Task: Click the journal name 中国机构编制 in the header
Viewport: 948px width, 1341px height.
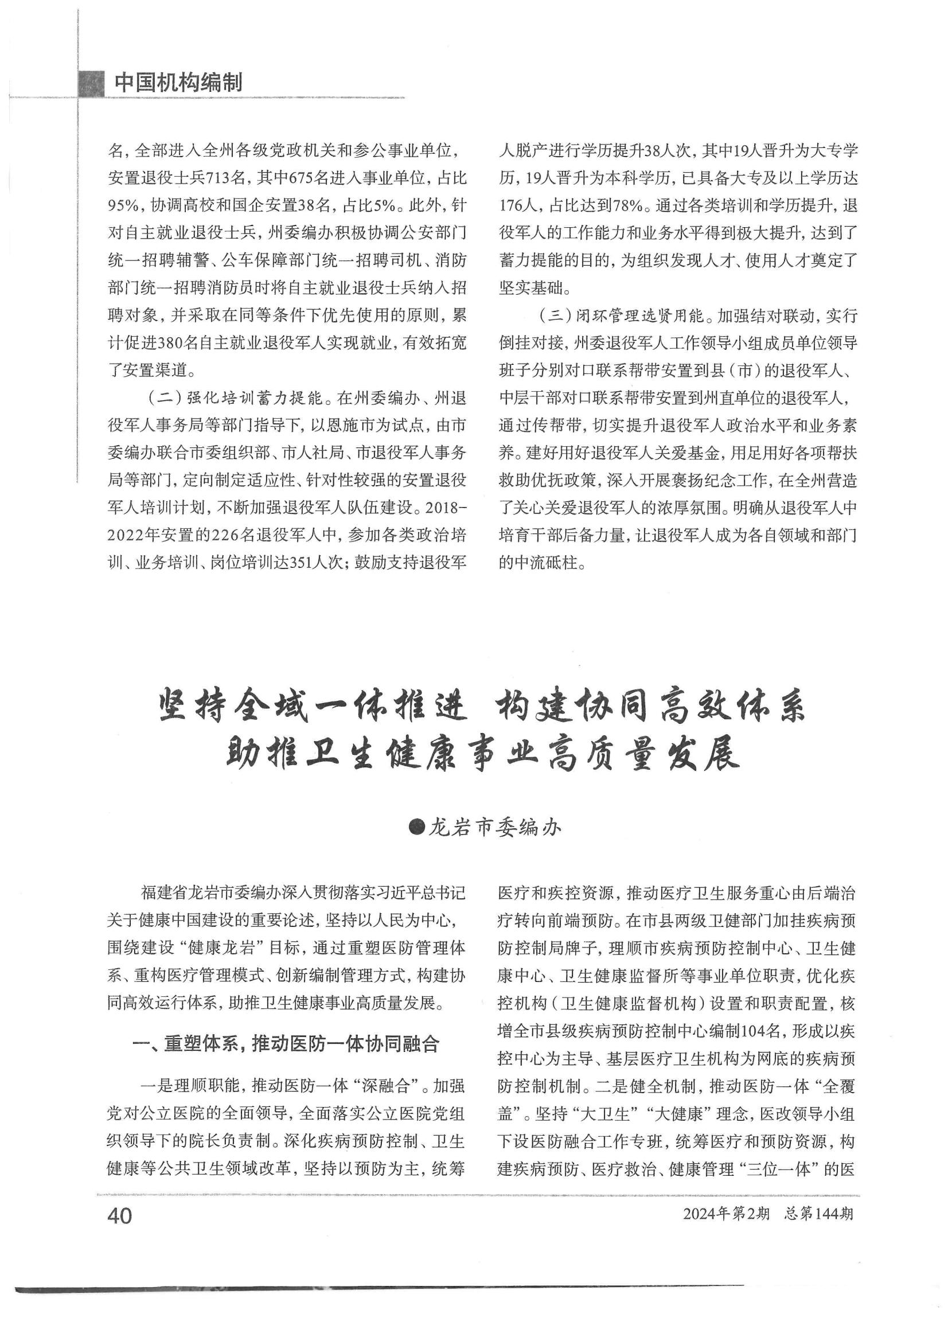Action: pos(178,83)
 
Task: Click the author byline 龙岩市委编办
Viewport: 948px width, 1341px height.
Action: pos(495,828)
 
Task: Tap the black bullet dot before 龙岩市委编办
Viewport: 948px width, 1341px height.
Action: pos(417,827)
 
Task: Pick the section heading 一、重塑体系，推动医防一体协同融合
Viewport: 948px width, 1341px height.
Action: pos(286,1044)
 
